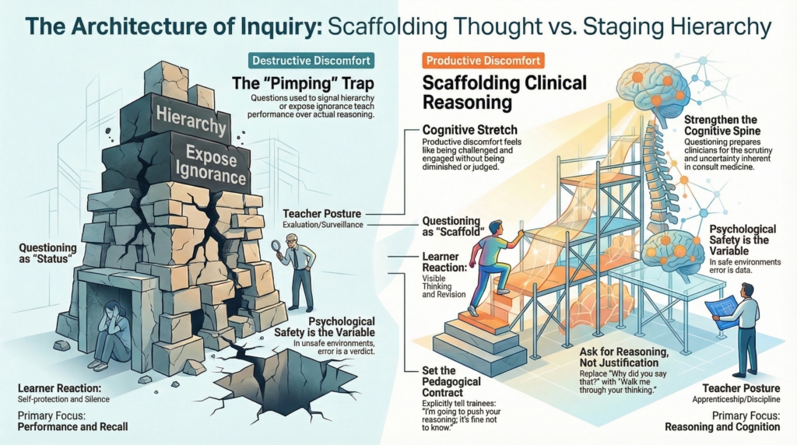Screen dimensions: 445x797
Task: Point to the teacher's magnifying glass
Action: (x=274, y=247)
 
